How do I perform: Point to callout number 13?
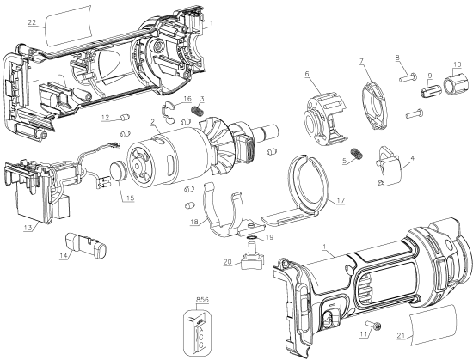[29, 229]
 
